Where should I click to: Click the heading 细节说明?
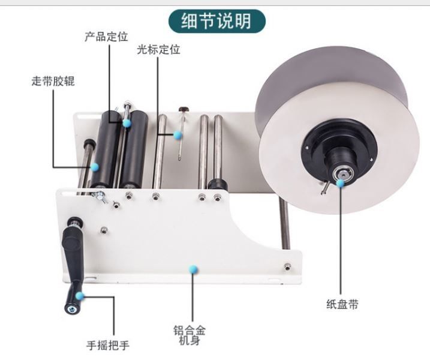tap(216, 21)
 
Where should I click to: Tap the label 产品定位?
tap(106, 37)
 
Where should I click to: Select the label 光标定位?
tap(158, 50)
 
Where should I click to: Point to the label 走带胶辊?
tap(53, 81)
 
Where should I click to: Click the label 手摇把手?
tap(108, 345)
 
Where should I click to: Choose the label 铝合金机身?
tap(190, 335)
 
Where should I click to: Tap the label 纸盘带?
tap(342, 304)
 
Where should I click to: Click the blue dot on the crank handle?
tap(80, 296)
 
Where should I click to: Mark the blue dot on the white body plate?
tap(193, 269)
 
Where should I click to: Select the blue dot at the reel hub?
tap(340, 183)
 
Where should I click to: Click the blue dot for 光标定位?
tap(178, 135)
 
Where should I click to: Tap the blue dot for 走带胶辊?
tap(95, 167)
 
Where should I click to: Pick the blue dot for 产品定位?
tap(127, 122)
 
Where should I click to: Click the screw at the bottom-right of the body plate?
tap(287, 266)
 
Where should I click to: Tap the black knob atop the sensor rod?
tap(184, 109)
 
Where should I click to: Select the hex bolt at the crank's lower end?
tap(72, 309)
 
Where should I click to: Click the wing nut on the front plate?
tap(100, 196)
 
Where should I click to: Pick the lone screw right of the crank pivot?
tap(104, 230)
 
